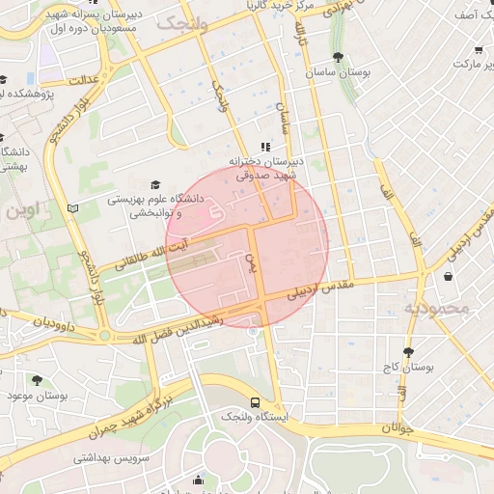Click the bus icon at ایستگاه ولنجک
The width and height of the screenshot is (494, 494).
tap(255, 402)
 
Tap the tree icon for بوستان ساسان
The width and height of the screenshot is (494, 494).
tap(337, 58)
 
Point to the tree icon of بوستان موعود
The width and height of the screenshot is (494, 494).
tap(38, 380)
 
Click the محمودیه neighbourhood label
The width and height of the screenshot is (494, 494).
tap(435, 309)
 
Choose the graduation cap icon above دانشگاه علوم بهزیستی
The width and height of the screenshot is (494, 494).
tap(155, 184)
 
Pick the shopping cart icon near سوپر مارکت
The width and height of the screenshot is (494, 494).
tap(480, 50)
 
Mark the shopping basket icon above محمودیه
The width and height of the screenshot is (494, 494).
tap(448, 276)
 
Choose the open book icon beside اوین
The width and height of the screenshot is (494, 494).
tap(73, 207)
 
